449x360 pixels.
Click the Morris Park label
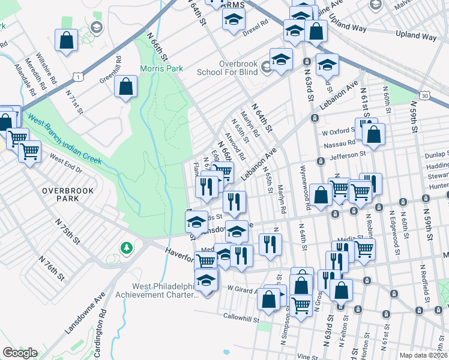pyautogui.click(x=161, y=68)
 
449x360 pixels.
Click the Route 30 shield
pyautogui.click(x=425, y=96)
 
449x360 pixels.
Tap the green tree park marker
pyautogui.click(x=126, y=247)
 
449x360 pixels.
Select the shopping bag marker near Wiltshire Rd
pyautogui.click(x=66, y=41)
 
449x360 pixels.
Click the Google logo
pyautogui.click(x=20, y=353)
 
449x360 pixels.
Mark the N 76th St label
pyautogui.click(x=51, y=268)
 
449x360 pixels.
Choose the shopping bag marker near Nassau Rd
pyautogui.click(x=373, y=136)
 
